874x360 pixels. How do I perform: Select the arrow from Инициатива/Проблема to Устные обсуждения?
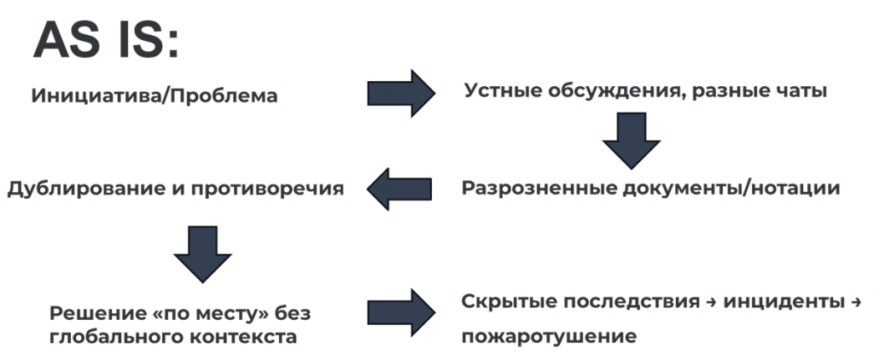[401, 92]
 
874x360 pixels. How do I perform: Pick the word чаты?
[797, 90]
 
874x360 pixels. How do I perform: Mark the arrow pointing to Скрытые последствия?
[401, 312]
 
